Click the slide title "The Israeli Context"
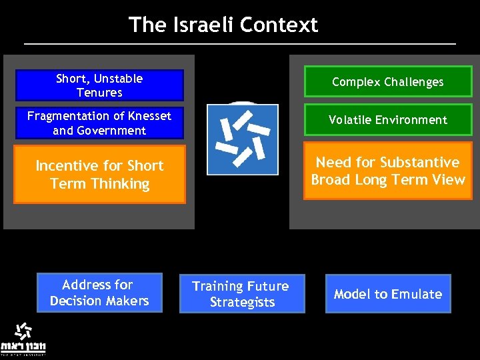[223, 25]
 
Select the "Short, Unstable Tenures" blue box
[99, 85]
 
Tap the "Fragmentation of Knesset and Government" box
[99, 123]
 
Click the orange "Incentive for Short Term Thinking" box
[99, 175]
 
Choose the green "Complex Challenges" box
[388, 82]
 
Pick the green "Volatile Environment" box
[388, 120]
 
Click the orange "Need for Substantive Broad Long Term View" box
[388, 171]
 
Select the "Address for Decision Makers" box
[99, 293]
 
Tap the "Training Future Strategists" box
[241, 294]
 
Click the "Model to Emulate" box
[388, 294]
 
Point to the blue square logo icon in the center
[242, 139]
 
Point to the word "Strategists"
[242, 302]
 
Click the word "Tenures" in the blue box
[99, 93]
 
